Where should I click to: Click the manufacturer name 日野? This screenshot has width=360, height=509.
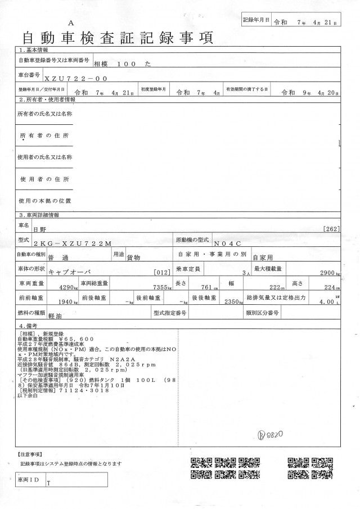click(x=40, y=228)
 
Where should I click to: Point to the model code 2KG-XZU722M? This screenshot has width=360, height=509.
click(x=73, y=242)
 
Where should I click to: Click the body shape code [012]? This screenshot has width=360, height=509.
click(x=161, y=272)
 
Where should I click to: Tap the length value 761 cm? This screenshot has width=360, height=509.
click(x=206, y=287)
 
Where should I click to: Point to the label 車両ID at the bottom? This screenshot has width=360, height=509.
click(x=29, y=480)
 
